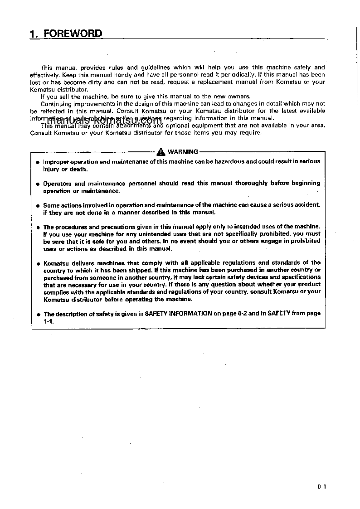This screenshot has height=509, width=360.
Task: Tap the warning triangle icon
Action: [162, 152]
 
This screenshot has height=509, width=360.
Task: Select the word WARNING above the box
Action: [183, 152]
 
